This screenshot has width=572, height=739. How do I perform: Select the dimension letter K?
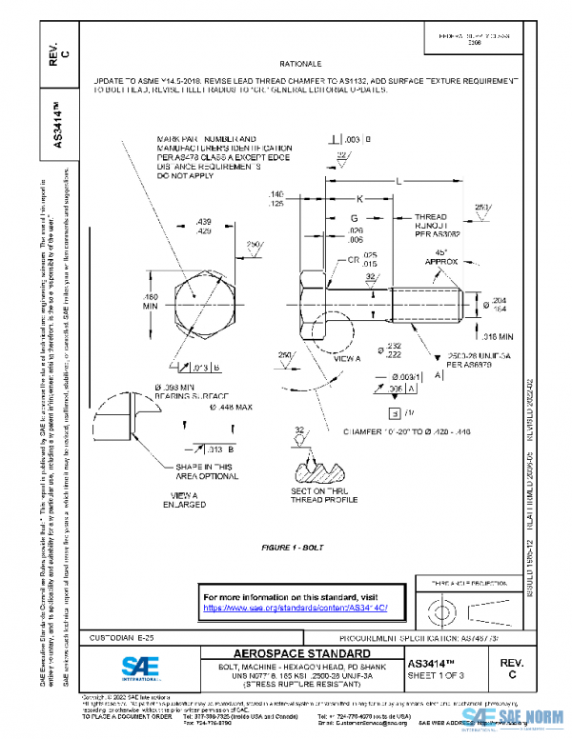point(359,199)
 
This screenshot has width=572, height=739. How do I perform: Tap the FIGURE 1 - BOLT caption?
point(294,549)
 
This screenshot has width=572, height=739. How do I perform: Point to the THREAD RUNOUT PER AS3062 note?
point(437,225)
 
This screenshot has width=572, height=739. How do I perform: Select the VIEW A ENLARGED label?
point(184,499)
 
